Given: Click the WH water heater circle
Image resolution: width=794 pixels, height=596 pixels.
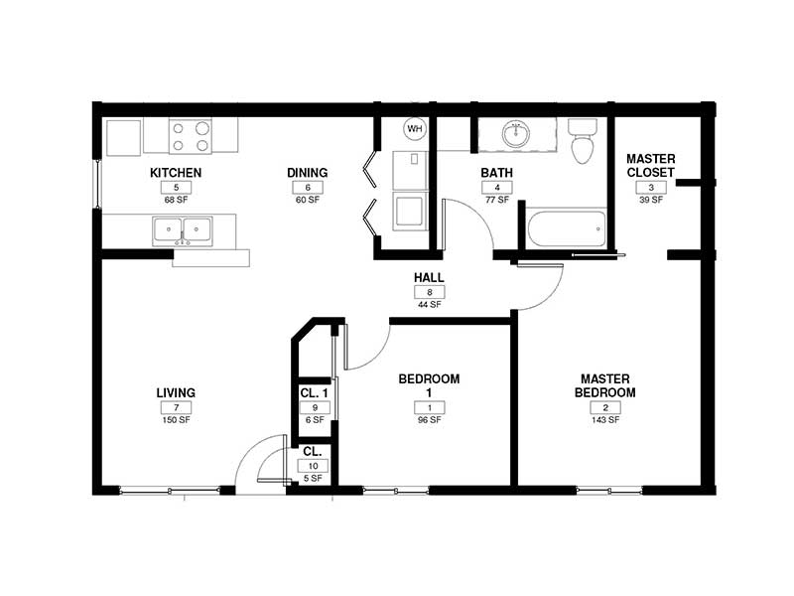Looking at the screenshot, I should pos(414,129).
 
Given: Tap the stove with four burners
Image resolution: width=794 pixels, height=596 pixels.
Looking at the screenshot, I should pos(190,136).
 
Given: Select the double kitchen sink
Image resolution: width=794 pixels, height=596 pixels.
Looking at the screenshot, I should pos(182,231).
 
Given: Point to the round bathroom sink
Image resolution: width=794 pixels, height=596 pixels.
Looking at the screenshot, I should pos(515,133).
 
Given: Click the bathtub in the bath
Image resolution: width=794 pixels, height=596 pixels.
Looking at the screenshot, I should pos(566,229).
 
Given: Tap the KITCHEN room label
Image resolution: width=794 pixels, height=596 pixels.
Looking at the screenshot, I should pos(176,173).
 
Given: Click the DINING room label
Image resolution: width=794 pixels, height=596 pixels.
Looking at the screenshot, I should pos(308,173).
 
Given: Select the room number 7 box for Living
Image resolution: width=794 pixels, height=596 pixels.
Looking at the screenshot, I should pos(176,407).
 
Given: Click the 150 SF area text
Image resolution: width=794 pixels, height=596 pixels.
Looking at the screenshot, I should pos(176,420).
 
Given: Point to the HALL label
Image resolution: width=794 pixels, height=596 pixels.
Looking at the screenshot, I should pos(429,278).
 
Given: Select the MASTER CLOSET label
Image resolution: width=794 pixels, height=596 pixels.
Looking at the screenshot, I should pos(651,166).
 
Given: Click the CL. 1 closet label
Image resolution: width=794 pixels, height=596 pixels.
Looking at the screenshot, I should pos(314,393).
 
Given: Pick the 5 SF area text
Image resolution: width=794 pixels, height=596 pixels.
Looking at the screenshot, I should pos(314,479).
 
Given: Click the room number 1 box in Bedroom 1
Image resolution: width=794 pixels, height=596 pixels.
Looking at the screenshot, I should pos(429,407).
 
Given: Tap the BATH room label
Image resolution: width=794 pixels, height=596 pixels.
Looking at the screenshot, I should pos(496,173).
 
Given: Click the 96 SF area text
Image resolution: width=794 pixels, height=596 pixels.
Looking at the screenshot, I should pos(429,420).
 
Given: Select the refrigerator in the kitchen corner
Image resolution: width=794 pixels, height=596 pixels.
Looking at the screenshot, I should pos(124,137).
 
